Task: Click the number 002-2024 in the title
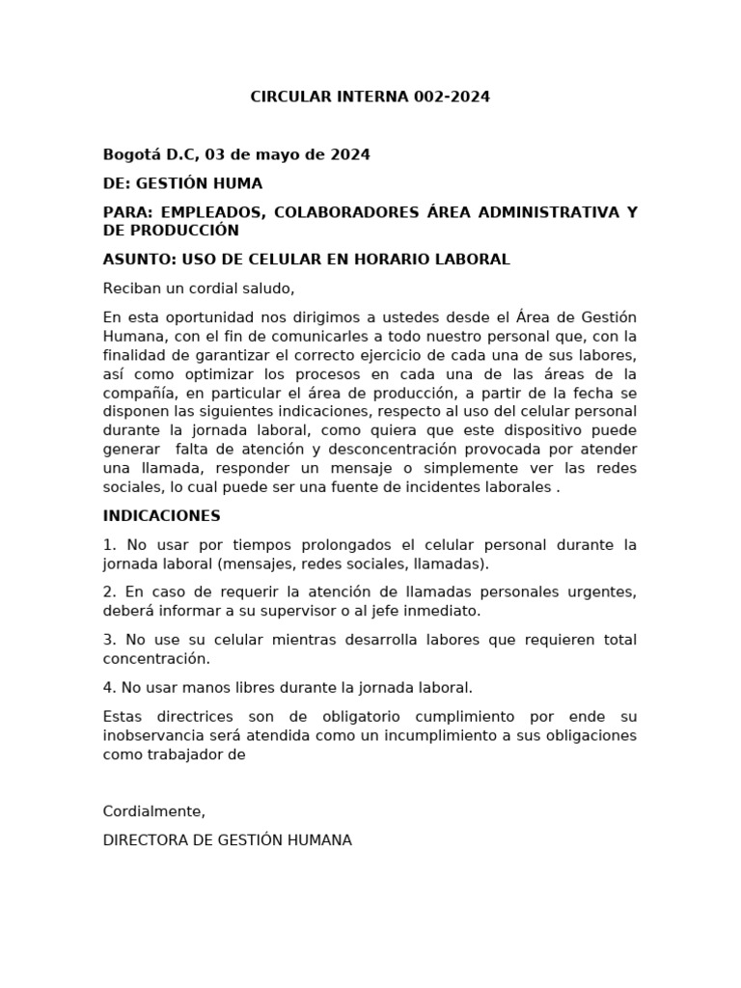click(x=453, y=97)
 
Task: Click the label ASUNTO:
click(x=136, y=261)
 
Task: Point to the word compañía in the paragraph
click(x=135, y=393)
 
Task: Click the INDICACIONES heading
click(x=162, y=516)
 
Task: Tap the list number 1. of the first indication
click(x=109, y=545)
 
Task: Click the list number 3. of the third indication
click(x=109, y=640)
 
